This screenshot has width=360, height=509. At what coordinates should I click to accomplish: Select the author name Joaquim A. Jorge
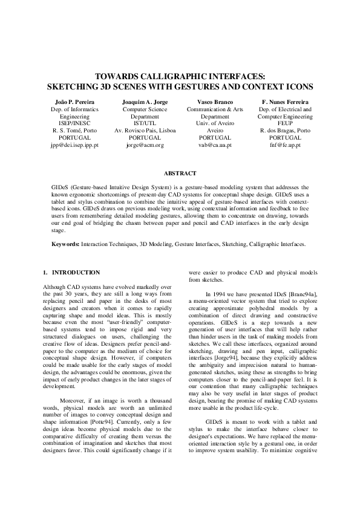[145, 102]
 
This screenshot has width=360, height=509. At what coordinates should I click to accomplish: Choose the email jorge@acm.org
[145, 146]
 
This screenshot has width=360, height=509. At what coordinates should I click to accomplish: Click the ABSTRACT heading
[180, 173]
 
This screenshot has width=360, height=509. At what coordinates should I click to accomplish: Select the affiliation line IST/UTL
[145, 124]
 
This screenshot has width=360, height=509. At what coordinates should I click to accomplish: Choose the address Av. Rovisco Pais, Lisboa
[145, 131]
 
